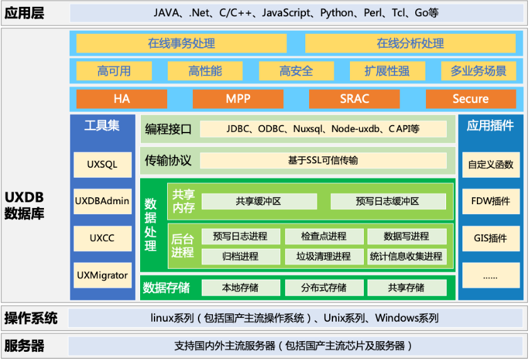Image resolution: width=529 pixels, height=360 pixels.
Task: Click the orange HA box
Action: coord(121,99)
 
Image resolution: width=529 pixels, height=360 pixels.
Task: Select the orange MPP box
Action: coord(238,99)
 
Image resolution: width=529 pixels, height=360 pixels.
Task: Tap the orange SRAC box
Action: coord(354,99)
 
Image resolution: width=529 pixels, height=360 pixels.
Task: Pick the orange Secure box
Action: coord(471,99)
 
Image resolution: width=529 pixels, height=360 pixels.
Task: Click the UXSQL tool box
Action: coord(102,165)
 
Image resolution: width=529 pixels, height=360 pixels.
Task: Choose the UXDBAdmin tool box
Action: coord(102,201)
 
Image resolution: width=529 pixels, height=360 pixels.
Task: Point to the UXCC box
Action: coord(102,238)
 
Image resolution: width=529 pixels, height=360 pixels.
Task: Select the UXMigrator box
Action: coord(102,275)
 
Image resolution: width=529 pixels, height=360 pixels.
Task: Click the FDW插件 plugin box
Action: coord(491,201)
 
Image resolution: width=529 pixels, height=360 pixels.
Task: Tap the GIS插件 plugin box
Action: coord(491,238)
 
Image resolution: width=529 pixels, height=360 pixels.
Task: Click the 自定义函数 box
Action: coord(491,165)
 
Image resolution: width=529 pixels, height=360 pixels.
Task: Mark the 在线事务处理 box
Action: coord(182,43)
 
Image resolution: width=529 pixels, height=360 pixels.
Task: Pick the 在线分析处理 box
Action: coord(410,43)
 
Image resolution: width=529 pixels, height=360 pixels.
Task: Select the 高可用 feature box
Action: coord(114,71)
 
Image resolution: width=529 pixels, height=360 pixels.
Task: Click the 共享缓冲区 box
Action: coord(258,201)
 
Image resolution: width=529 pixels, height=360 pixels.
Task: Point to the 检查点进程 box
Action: coord(324,236)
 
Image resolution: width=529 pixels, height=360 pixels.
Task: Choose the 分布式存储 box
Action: coord(324,288)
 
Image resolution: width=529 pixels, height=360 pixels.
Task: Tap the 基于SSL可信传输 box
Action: coord(323,160)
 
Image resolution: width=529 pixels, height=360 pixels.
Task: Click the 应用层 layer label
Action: coord(25,13)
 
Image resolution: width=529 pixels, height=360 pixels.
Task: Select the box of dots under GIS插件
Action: coord(491,275)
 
